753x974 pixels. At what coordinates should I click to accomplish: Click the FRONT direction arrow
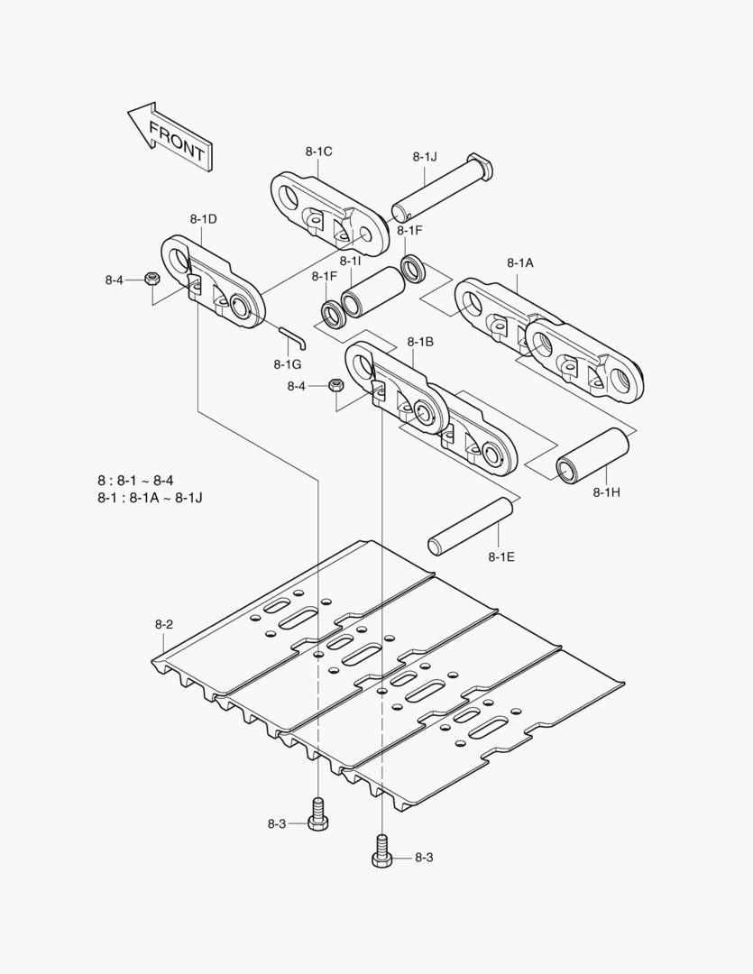170,136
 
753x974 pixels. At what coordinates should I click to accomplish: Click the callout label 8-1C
318,152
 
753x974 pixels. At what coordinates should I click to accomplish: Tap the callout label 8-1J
425,156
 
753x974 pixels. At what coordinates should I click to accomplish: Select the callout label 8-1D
203,219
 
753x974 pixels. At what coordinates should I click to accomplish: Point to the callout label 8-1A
519,262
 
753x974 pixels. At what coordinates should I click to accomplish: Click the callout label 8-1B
420,342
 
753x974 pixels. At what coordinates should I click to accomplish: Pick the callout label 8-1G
287,363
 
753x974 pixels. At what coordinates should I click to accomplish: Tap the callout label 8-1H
607,492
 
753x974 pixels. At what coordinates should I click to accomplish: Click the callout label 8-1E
501,556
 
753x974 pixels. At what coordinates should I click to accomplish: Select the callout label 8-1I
351,262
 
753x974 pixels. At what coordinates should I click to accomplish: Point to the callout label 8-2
163,624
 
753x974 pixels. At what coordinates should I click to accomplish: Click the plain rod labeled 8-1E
471,524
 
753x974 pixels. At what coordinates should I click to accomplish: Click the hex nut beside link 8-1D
152,280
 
